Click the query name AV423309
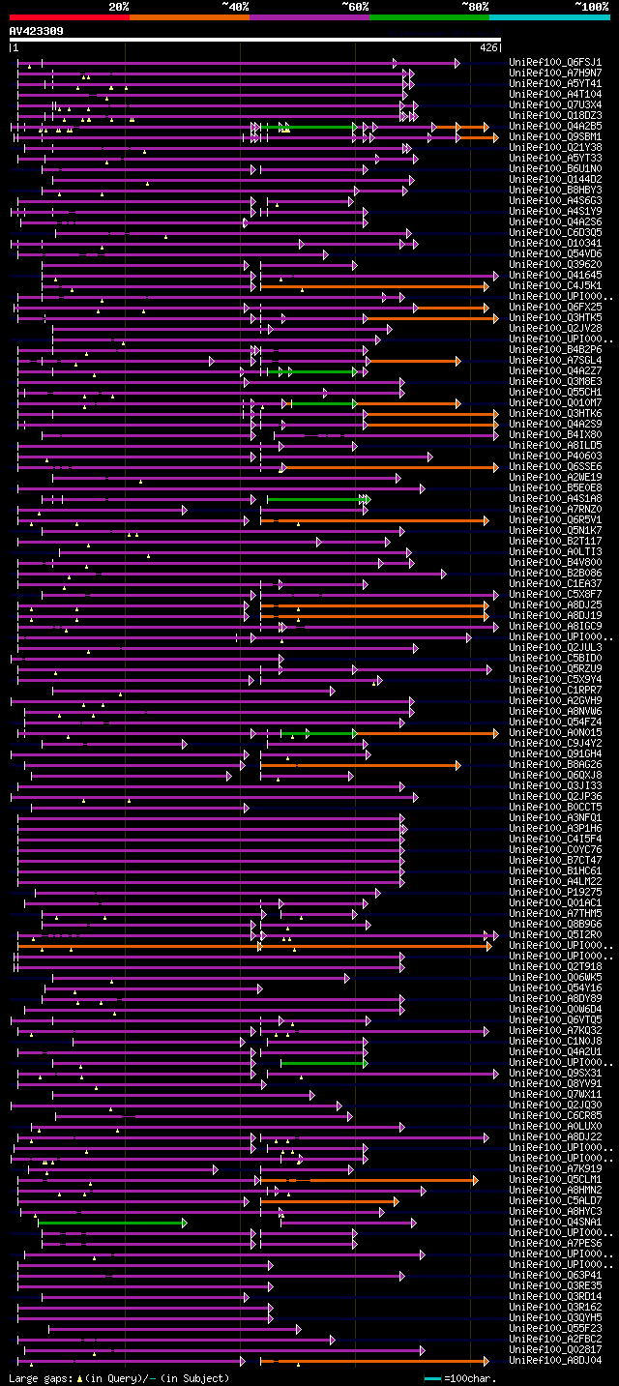click(x=37, y=31)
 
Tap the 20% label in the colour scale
click(x=119, y=7)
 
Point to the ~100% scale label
click(x=591, y=7)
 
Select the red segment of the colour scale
click(x=69, y=16)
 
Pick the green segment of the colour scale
click(x=428, y=16)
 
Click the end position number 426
click(x=488, y=47)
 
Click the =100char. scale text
click(x=468, y=1377)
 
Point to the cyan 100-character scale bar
click(x=431, y=1377)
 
